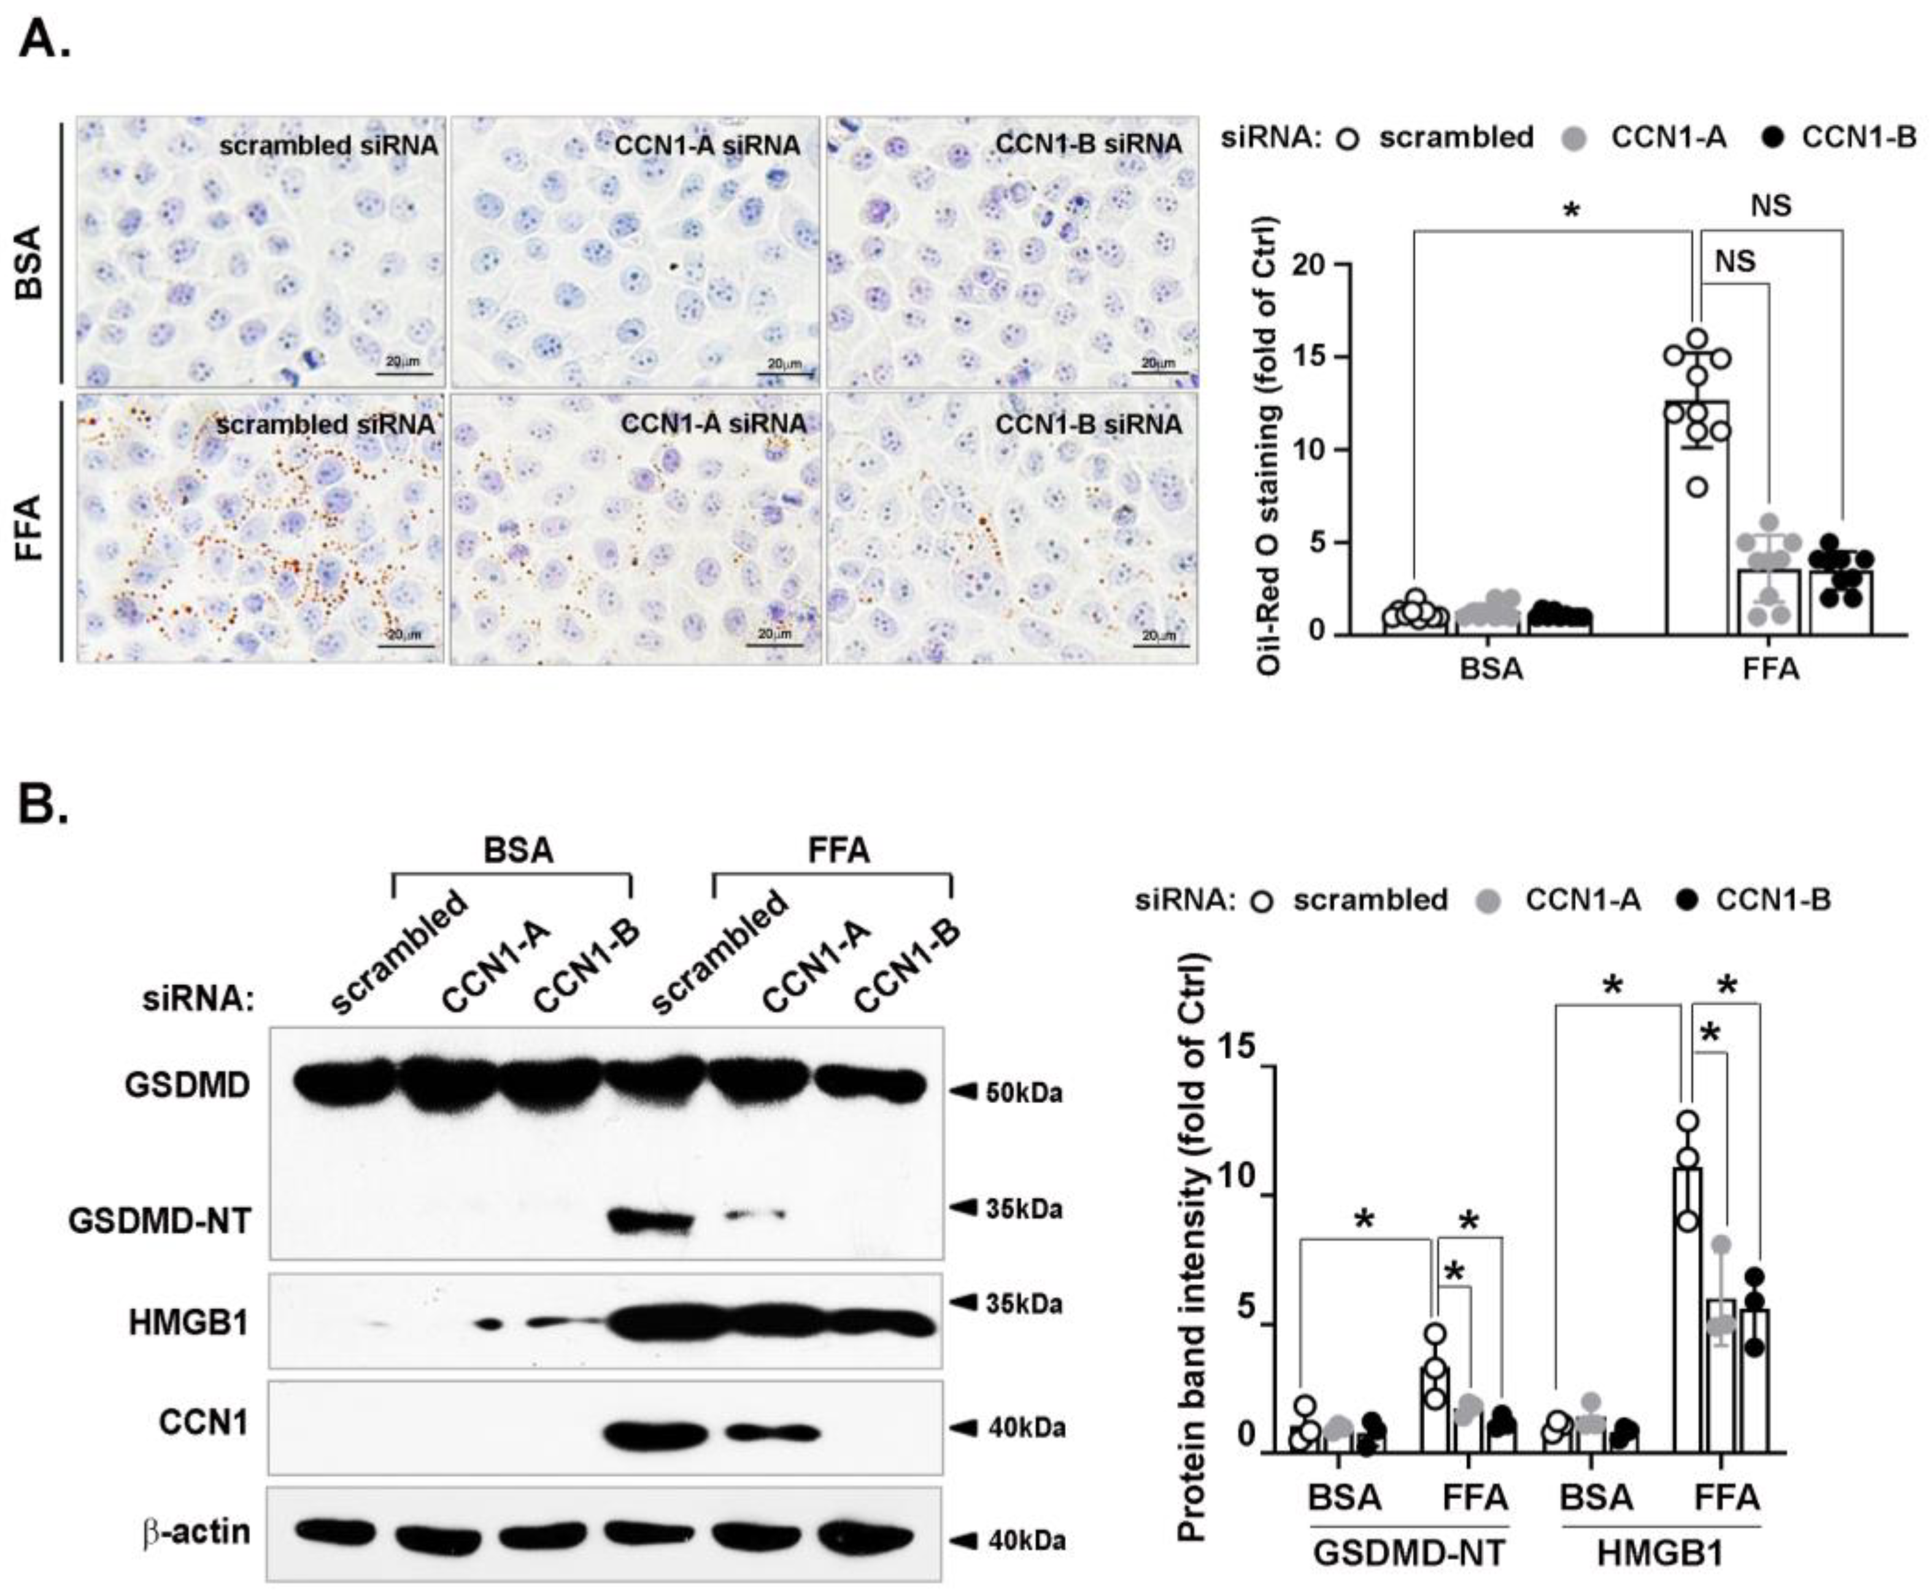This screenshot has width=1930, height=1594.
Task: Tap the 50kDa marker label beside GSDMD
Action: [1023, 1093]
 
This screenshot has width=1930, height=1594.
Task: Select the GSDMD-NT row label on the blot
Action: [159, 1221]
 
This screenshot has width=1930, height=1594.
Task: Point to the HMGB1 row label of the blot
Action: [188, 1323]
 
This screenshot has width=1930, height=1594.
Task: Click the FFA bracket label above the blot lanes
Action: [838, 850]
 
